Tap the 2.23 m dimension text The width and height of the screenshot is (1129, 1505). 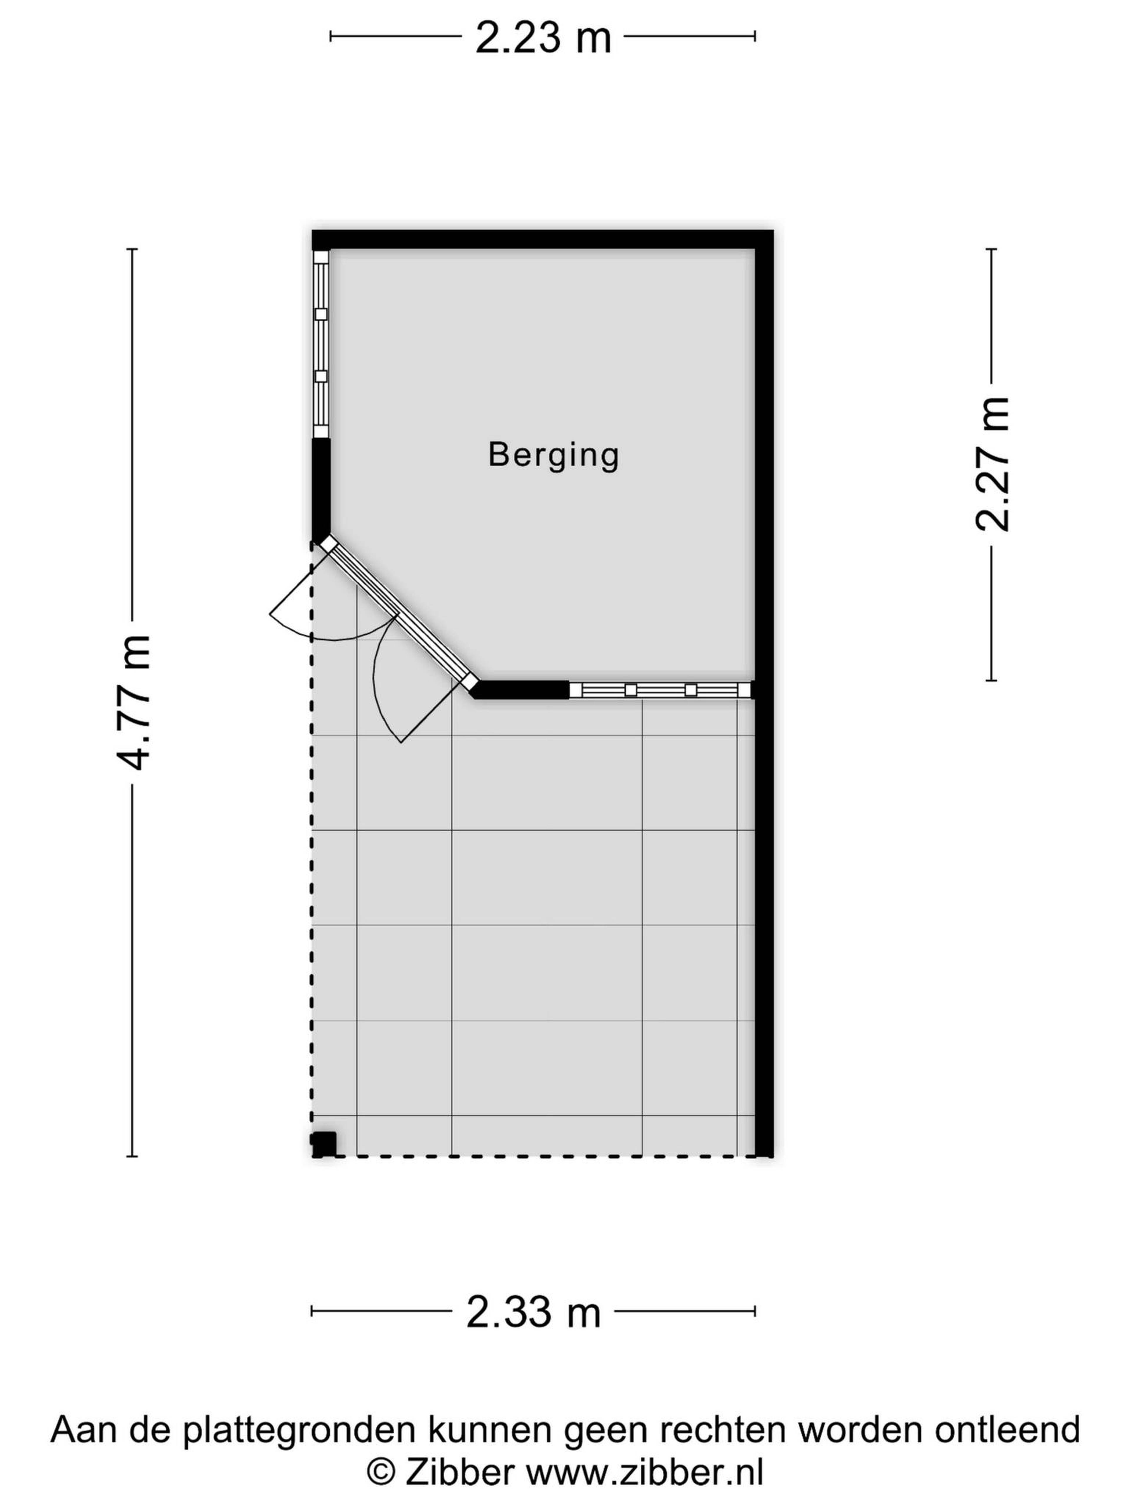(x=543, y=38)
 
